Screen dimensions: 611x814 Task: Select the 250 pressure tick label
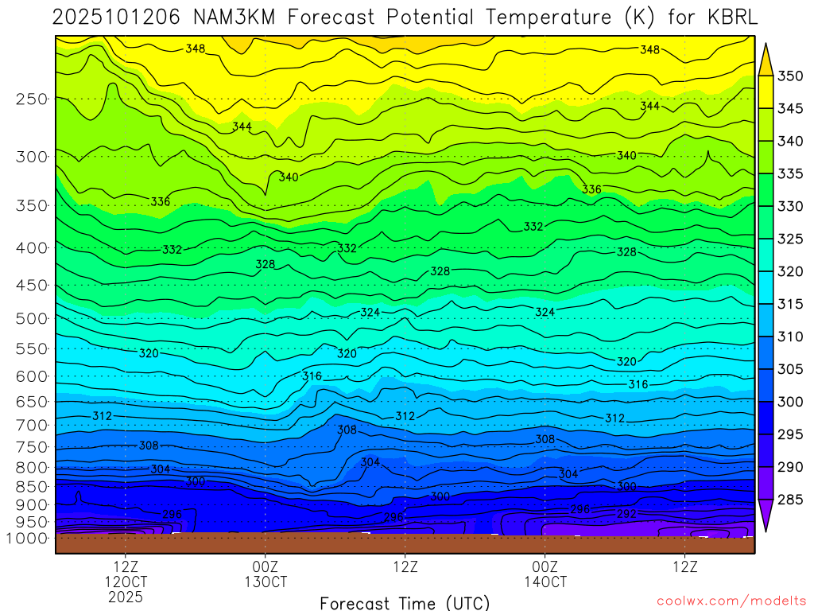(31, 99)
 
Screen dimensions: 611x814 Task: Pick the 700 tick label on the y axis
(31, 425)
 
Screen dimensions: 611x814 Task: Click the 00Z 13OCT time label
(266, 574)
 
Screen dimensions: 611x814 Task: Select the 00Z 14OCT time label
(545, 574)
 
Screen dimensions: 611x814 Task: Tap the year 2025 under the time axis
(126, 596)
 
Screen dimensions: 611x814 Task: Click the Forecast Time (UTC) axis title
(405, 602)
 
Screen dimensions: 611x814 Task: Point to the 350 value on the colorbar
(790, 76)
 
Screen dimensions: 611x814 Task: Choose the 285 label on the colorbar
(790, 500)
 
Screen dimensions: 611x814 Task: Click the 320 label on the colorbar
(790, 272)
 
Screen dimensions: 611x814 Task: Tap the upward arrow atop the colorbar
(766, 58)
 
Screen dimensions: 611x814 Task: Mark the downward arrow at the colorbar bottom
(766, 516)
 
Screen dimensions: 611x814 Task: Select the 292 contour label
(627, 514)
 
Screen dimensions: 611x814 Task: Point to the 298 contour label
(580, 509)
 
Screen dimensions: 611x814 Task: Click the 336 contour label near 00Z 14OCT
(591, 189)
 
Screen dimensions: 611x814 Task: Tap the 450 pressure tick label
(31, 286)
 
